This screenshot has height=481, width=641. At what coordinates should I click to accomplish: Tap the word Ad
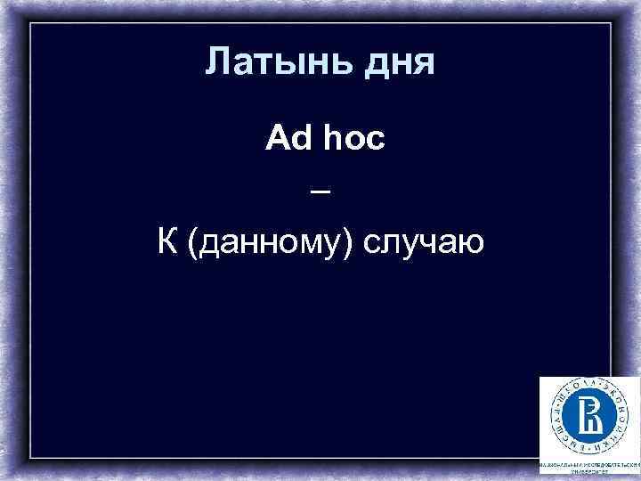click(x=285, y=141)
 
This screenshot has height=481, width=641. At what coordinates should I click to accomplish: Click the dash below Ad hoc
click(x=321, y=192)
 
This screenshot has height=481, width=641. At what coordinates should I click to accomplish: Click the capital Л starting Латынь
click(x=216, y=62)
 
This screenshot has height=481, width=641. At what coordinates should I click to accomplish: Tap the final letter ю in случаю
click(x=472, y=242)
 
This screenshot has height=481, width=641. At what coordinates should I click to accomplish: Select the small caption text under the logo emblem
click(x=588, y=469)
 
